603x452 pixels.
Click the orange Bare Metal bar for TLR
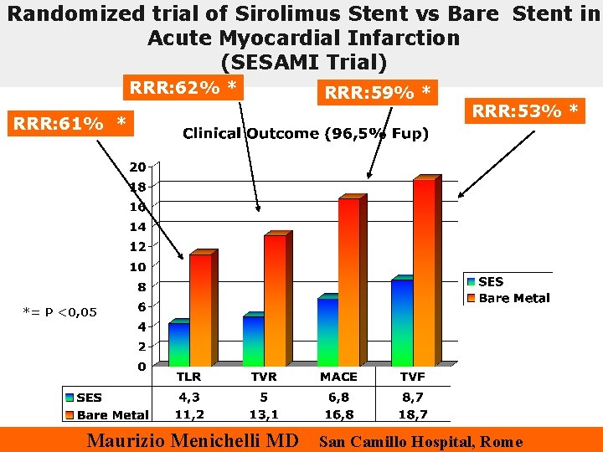200,310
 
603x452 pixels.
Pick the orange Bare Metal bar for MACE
348,281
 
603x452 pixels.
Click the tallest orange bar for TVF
424,272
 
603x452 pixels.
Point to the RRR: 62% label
182,87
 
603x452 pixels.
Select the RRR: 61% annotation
69,124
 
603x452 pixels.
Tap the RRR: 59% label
379,92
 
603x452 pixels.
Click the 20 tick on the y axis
137,166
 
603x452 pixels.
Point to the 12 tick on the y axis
137,247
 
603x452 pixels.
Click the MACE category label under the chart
338,377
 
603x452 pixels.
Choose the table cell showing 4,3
188,398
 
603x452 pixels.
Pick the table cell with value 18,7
413,413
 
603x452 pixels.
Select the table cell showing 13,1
264,413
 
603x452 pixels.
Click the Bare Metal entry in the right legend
513,298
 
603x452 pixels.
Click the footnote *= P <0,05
59,312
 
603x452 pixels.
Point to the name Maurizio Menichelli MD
193,440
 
